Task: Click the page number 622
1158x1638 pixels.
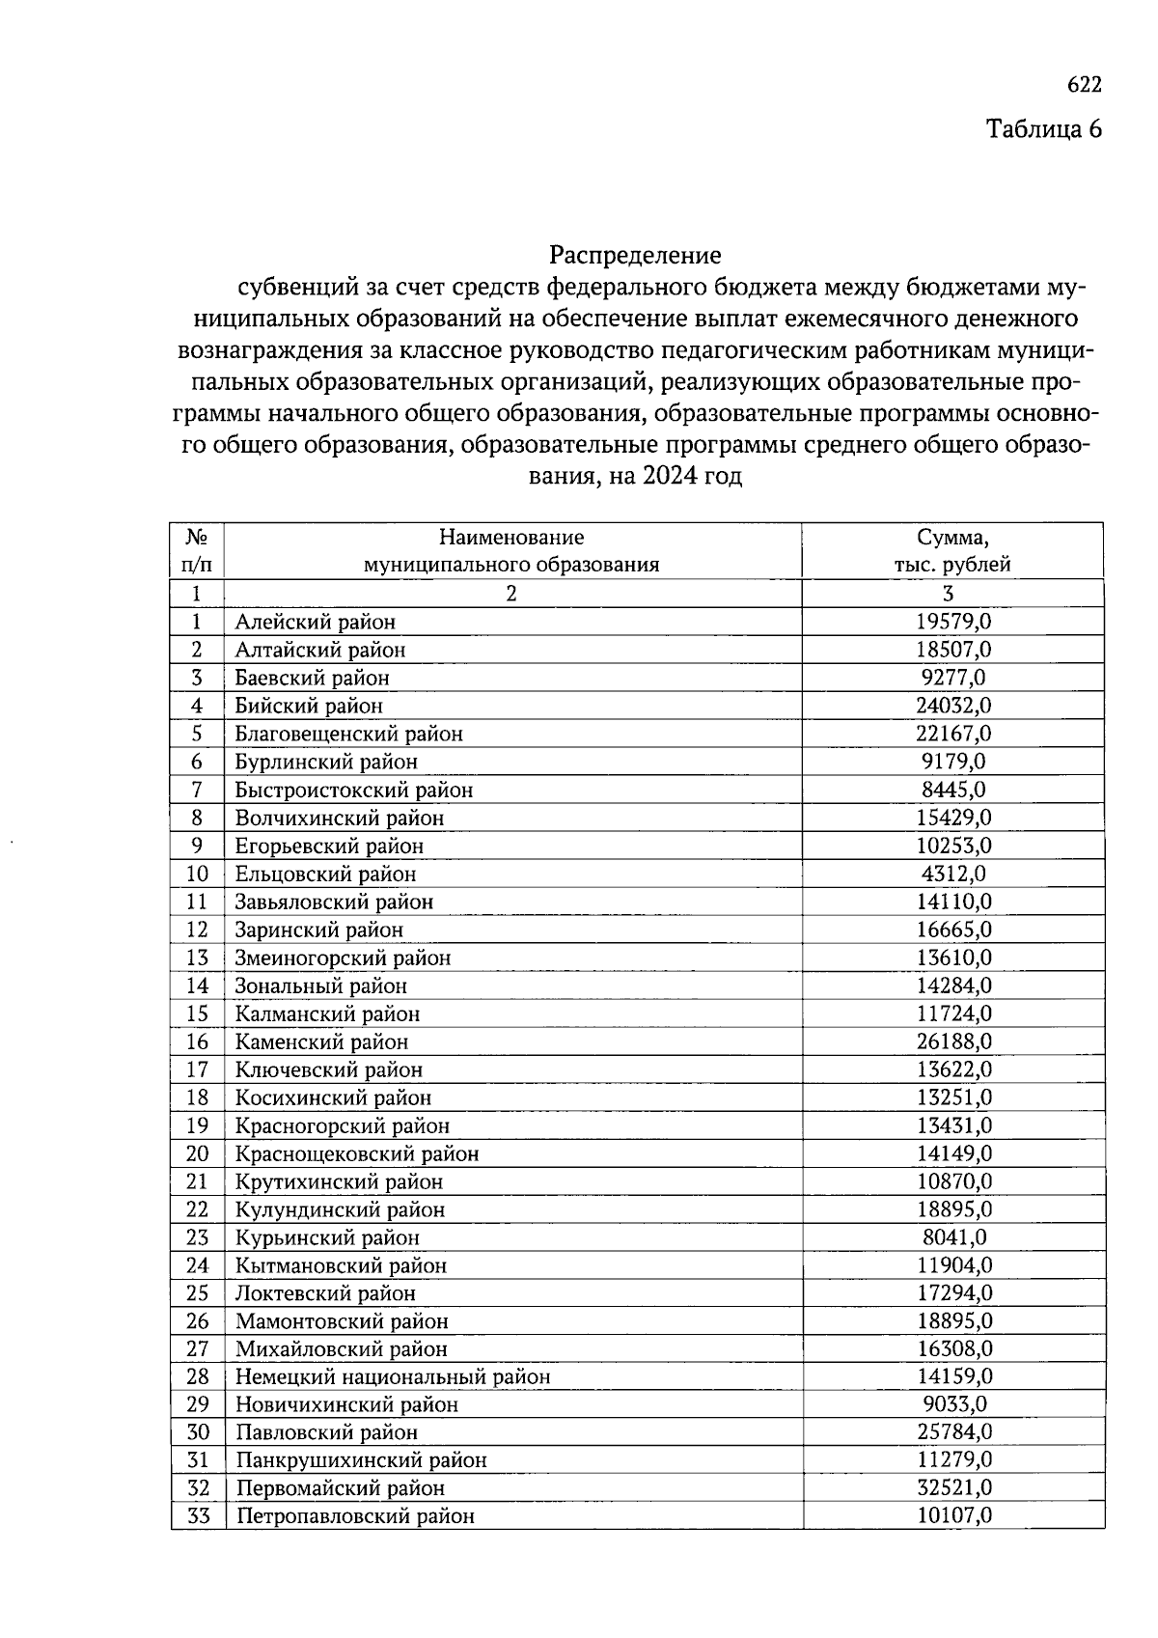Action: click(x=1084, y=85)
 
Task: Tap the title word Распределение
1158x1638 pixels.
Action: click(x=635, y=256)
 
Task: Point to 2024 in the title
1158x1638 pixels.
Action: click(x=670, y=477)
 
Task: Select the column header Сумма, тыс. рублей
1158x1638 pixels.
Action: click(x=952, y=551)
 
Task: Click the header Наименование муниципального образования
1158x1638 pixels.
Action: click(x=511, y=551)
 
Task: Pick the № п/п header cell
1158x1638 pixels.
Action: click(x=197, y=551)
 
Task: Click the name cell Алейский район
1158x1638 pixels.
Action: click(x=316, y=623)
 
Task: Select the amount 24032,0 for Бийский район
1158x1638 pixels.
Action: click(x=953, y=706)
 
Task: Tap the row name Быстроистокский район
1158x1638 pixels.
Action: click(x=354, y=791)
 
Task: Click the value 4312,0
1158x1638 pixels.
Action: click(x=953, y=874)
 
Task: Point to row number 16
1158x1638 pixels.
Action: click(x=197, y=1041)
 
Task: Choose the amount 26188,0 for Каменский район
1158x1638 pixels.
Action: click(x=953, y=1041)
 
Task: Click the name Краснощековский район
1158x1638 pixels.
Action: click(x=357, y=1153)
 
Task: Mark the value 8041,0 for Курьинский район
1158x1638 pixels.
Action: click(x=953, y=1237)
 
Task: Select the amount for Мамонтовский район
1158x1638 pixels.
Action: click(x=953, y=1321)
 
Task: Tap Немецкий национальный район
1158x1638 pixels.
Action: click(x=393, y=1377)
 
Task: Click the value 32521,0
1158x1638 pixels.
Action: click(x=953, y=1488)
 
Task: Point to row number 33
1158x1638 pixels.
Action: click(x=198, y=1516)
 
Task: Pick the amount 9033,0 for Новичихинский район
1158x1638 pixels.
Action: click(x=953, y=1404)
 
